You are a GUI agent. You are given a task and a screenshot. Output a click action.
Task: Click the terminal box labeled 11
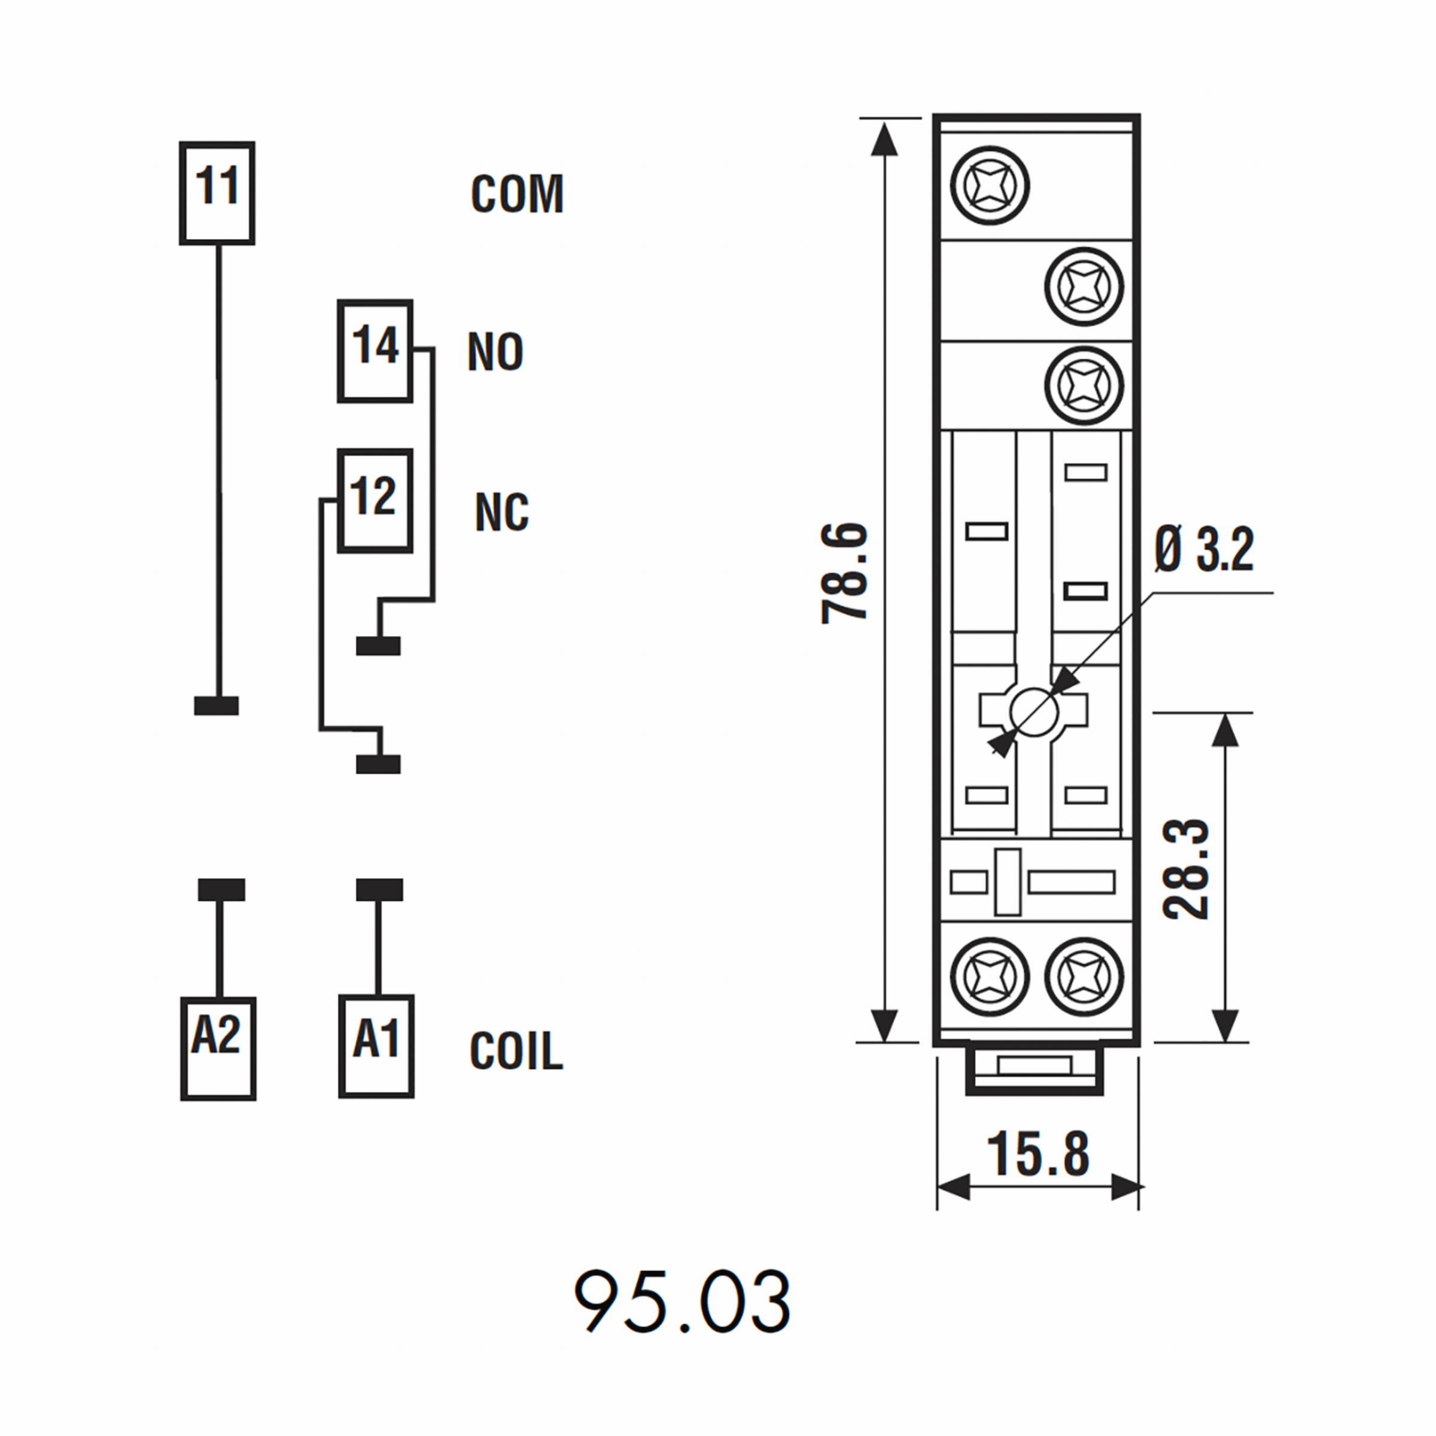pyautogui.click(x=217, y=193)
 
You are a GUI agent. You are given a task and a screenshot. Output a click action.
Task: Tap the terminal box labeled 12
pyautogui.click(x=375, y=501)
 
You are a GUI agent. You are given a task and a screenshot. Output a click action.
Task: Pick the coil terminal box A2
pyautogui.click(x=218, y=1049)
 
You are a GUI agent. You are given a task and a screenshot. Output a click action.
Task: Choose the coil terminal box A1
pyautogui.click(x=376, y=1047)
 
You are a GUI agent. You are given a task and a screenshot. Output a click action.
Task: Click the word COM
pyautogui.click(x=518, y=194)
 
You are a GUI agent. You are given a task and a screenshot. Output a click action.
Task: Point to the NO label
pyautogui.click(x=495, y=352)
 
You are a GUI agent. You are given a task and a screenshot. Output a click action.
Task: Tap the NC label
pyautogui.click(x=502, y=512)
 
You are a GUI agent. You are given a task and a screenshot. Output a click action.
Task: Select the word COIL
pyautogui.click(x=516, y=1051)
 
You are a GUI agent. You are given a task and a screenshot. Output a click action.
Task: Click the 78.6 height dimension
pyautogui.click(x=845, y=573)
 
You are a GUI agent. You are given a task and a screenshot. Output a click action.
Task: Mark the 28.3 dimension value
pyautogui.click(x=1186, y=869)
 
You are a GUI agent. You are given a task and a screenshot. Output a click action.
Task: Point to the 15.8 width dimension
pyautogui.click(x=1038, y=1154)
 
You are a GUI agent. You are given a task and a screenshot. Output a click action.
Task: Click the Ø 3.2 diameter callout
pyautogui.click(x=1204, y=550)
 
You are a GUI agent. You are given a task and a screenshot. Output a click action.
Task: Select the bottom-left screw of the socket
pyautogui.click(x=990, y=976)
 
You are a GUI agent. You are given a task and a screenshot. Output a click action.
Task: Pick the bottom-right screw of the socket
pyautogui.click(x=1084, y=976)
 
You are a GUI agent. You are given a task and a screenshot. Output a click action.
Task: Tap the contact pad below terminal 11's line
pyautogui.click(x=216, y=705)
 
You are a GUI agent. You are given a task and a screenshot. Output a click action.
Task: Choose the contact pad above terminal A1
pyautogui.click(x=379, y=890)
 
